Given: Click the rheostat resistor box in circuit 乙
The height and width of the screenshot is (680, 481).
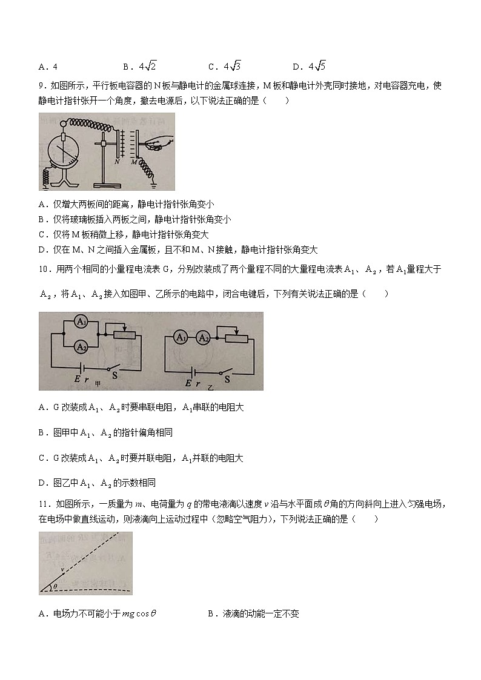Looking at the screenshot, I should click(237, 338).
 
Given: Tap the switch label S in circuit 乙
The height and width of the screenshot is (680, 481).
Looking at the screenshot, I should click(228, 379).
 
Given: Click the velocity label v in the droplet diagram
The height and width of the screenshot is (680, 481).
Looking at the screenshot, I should click(62, 569).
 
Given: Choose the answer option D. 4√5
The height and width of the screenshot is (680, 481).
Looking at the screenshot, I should click(310, 67).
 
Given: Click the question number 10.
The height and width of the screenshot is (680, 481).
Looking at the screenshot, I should click(44, 269).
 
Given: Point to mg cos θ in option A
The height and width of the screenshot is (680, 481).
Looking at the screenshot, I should click(139, 614).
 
